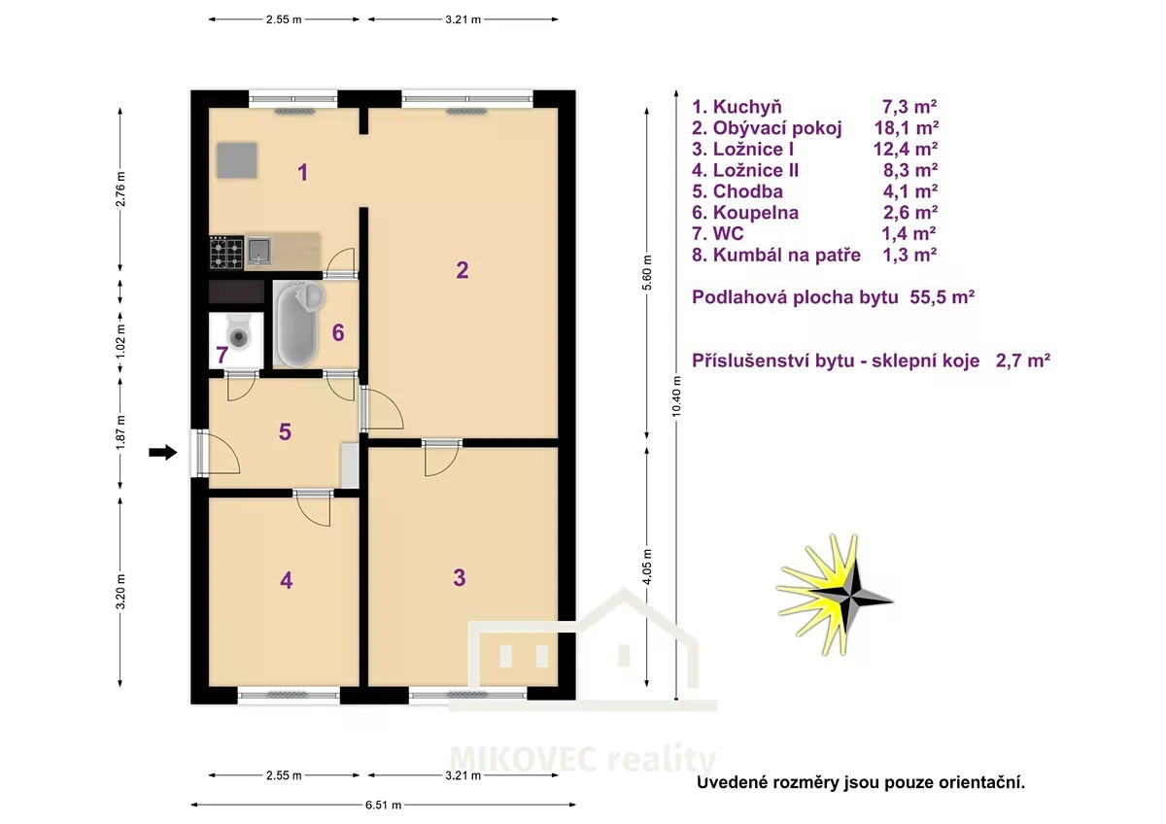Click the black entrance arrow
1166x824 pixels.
(163, 453)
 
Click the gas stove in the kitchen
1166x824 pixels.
(226, 253)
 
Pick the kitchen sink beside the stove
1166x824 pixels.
(258, 251)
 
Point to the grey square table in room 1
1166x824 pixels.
(237, 160)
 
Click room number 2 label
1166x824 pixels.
(462, 270)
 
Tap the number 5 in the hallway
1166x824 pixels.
(285, 431)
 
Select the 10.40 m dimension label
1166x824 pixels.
(676, 396)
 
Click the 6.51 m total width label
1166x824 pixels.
(383, 805)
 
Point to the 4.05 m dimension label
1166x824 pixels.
(646, 566)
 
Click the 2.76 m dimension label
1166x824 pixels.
(120, 189)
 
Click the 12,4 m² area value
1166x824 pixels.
(906, 150)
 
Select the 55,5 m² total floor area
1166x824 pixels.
(942, 297)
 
